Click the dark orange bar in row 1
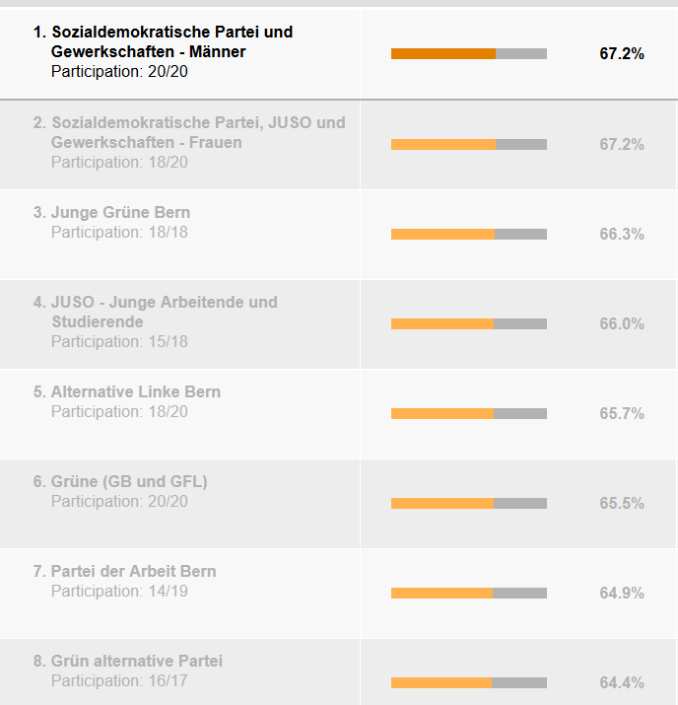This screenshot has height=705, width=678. [443, 53]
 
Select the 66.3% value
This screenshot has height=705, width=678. [621, 234]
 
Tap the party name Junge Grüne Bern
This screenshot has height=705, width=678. [121, 212]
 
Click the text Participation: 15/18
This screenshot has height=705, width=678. [119, 341]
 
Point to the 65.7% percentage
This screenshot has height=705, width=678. [621, 413]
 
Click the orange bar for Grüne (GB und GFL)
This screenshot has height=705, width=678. [441, 503]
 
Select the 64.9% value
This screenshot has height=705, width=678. [621, 593]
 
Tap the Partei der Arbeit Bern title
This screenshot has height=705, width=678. [134, 571]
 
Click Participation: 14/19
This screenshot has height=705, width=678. [119, 591]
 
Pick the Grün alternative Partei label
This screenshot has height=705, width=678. [137, 661]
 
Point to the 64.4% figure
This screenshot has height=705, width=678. [621, 682]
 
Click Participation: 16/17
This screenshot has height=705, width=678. [119, 680]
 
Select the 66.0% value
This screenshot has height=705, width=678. [621, 323]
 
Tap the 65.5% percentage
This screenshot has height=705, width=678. [621, 503]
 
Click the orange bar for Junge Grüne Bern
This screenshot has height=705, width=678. [442, 234]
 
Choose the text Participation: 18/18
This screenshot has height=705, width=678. [119, 232]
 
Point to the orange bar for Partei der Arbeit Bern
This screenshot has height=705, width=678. [441, 593]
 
